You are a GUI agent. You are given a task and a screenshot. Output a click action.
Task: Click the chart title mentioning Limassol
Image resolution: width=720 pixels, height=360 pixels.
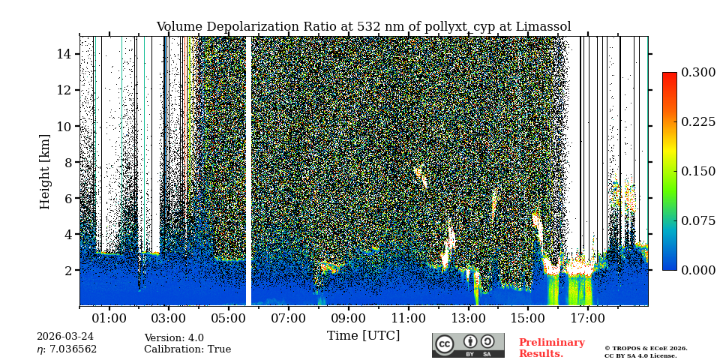(x=363, y=27)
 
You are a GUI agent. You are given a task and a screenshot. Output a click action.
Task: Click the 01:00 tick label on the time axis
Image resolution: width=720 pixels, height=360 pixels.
(x=109, y=319)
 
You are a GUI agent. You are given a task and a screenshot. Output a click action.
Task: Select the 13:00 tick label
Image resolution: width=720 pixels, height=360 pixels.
(x=468, y=319)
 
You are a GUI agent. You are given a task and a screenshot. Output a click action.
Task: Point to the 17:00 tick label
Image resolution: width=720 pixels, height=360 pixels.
(x=587, y=319)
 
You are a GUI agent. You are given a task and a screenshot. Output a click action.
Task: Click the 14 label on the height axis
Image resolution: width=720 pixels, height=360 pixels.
(x=64, y=54)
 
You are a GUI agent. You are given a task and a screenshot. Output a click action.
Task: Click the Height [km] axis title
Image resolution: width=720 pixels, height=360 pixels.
(x=45, y=172)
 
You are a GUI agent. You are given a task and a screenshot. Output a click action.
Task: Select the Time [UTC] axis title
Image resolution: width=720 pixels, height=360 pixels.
(x=363, y=336)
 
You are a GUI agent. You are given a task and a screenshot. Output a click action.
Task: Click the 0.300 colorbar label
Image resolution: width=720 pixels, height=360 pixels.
(x=697, y=73)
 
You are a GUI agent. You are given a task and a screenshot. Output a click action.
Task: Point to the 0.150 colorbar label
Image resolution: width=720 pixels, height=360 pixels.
(x=697, y=171)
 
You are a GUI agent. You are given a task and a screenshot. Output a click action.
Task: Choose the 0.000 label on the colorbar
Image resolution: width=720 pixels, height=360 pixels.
(x=697, y=270)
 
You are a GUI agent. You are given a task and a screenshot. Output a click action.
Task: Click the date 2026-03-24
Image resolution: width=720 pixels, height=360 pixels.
(x=65, y=337)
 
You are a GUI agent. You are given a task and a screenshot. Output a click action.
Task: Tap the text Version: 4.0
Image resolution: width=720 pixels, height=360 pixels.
(x=174, y=338)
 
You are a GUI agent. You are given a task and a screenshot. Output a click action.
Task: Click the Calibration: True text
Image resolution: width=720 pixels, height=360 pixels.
(x=187, y=349)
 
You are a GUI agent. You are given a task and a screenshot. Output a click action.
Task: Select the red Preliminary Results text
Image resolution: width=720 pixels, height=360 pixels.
(x=551, y=348)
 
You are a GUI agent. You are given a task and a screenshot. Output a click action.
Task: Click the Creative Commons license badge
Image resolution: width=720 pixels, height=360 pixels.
(x=468, y=345)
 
